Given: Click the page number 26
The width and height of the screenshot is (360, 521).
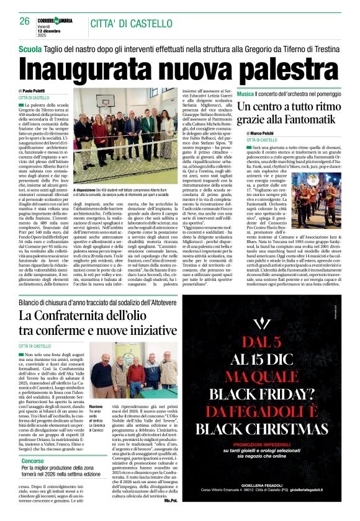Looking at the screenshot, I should pos(24,20).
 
